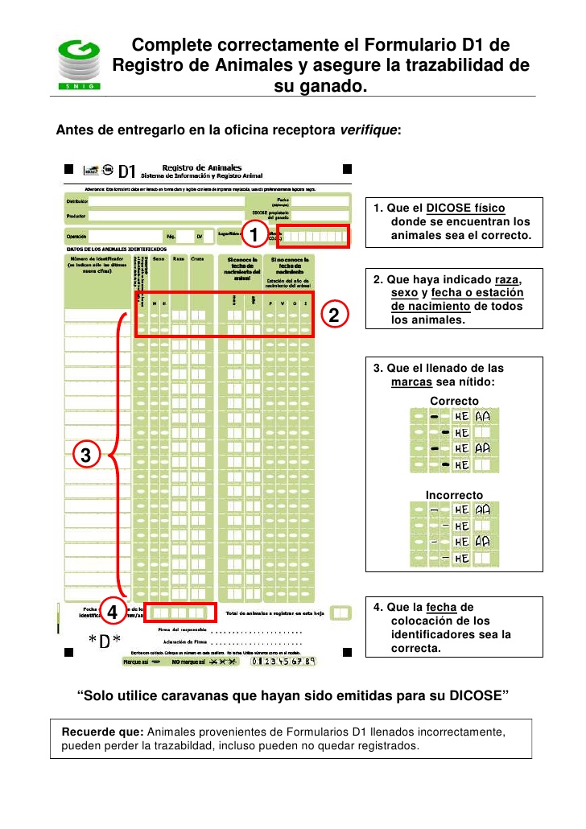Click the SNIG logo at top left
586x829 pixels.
tap(79, 64)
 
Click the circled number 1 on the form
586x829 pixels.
tap(254, 236)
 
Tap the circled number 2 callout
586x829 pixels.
tap(336, 314)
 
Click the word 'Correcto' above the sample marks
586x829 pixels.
tap(454, 401)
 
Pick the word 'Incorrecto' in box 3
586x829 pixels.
tap(454, 494)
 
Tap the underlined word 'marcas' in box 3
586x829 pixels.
tap(412, 382)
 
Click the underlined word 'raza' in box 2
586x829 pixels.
tap(509, 279)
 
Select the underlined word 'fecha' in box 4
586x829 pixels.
tap(442, 607)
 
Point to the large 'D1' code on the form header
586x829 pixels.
tap(127, 171)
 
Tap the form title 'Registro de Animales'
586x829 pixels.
tap(196, 167)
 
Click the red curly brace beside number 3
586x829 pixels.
tap(120, 456)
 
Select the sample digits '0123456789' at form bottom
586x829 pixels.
tap(283, 661)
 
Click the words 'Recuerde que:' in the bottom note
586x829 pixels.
tap(103, 732)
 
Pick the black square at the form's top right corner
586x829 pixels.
tap(347, 169)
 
